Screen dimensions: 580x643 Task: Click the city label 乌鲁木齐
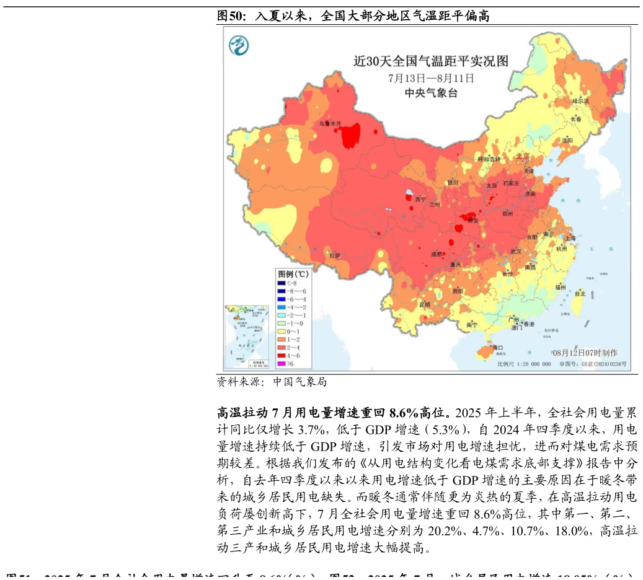tap(330, 123)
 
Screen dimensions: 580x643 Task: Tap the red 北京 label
tap(523, 156)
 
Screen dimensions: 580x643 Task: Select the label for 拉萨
tap(335, 255)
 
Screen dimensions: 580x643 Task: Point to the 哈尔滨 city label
tap(580, 100)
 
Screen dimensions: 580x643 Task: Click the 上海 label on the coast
tap(570, 238)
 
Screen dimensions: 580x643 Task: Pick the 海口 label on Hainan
tap(497, 348)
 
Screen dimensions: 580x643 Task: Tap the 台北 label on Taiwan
tap(580, 294)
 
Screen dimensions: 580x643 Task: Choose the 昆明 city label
tap(425, 304)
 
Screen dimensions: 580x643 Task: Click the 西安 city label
tap(472, 221)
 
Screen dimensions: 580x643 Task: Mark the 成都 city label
tap(437, 254)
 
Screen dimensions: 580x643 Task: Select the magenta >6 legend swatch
tap(281, 364)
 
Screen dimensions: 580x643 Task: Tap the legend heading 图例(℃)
tap(293, 273)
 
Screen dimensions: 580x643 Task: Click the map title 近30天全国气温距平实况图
tap(430, 61)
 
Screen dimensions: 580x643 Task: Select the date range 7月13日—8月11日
tap(431, 78)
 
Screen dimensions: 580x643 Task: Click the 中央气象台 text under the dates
tap(431, 93)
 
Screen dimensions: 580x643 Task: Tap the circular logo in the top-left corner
tap(239, 45)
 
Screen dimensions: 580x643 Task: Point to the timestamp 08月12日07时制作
tap(585, 353)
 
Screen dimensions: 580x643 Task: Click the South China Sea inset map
tap(247, 337)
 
